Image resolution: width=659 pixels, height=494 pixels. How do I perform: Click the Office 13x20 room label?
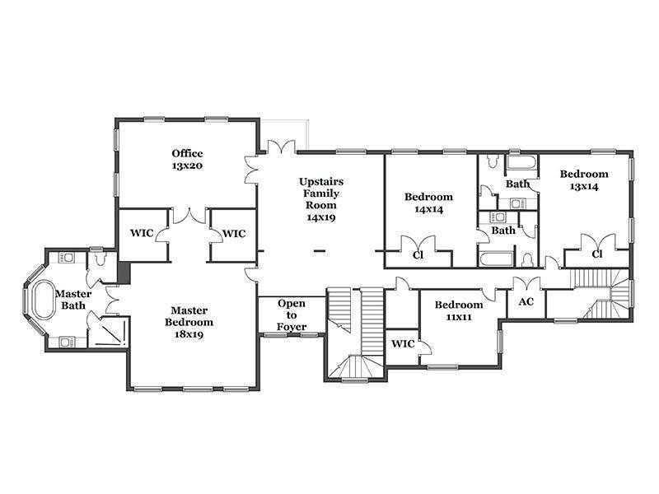coord(188,159)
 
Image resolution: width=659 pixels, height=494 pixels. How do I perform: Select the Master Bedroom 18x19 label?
coord(189,322)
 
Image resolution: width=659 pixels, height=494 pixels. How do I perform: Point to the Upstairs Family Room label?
coord(321,199)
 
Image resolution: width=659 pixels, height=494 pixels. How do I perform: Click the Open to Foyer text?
coord(292,315)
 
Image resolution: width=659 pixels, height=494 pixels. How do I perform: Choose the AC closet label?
coord(526,301)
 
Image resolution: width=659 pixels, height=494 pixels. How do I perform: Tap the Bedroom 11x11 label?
coord(459,310)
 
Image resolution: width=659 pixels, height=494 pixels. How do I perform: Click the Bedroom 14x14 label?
coord(428,203)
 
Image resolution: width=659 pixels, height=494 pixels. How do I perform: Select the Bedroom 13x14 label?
coord(584,179)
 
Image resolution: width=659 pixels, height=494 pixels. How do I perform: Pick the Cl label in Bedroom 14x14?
coord(418,254)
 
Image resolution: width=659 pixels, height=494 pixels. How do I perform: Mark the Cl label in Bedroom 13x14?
coord(596,254)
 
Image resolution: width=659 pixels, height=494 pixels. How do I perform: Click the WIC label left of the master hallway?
coord(142,233)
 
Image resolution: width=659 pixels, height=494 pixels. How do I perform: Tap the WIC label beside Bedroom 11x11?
coord(403,343)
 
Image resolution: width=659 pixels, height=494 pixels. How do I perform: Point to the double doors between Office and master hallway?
coord(190,216)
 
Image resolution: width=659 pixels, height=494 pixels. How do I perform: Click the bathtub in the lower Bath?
coord(497,259)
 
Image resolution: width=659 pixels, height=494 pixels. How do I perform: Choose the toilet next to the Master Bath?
coord(100,259)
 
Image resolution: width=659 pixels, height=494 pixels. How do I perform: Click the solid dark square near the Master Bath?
coord(124,273)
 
